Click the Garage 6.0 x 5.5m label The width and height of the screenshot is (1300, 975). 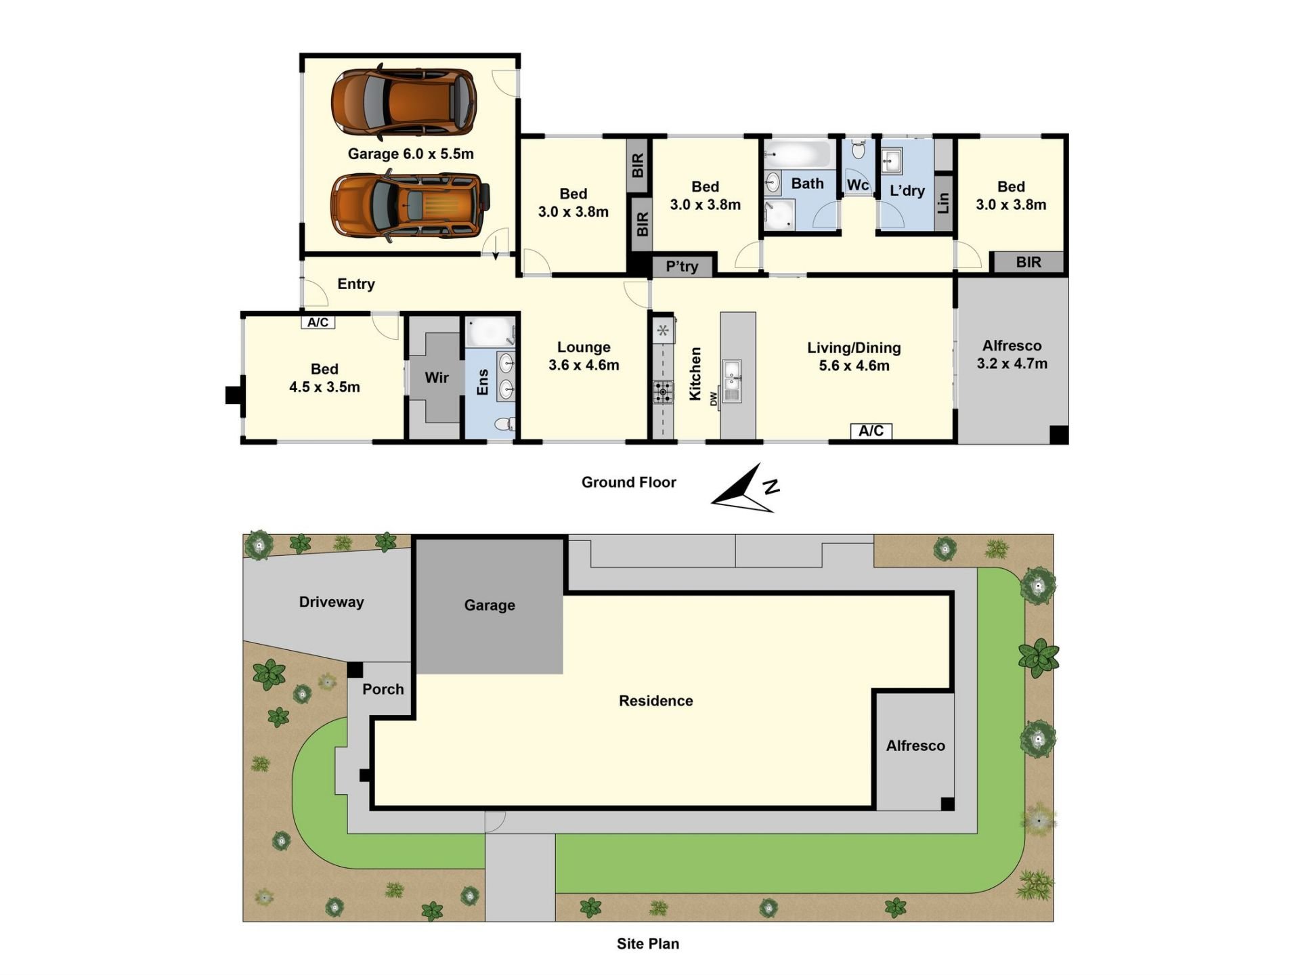[x=410, y=154]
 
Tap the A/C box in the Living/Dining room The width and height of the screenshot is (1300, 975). [x=871, y=431]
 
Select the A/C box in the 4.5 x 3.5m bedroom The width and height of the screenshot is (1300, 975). [x=318, y=322]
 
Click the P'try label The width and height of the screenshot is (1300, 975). [x=682, y=266]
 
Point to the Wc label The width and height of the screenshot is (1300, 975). [x=857, y=185]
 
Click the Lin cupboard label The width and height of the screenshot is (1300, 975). [x=943, y=202]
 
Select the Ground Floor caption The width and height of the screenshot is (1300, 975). [x=629, y=482]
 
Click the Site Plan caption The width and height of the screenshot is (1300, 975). [x=648, y=943]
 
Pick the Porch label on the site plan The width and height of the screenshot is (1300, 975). [x=383, y=689]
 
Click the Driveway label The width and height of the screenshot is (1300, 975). [x=332, y=602]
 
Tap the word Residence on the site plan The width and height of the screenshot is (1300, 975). [x=656, y=701]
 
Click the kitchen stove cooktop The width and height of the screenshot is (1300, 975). [x=663, y=392]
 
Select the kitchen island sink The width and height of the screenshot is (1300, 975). [x=731, y=381]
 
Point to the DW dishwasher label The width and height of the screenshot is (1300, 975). [x=714, y=399]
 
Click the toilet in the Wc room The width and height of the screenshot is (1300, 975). [x=858, y=149]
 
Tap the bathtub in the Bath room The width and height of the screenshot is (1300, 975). [x=799, y=155]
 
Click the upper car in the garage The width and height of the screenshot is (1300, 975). [x=404, y=102]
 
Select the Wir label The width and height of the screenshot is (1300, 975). [x=437, y=377]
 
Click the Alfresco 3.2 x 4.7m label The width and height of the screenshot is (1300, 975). [x=1012, y=355]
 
